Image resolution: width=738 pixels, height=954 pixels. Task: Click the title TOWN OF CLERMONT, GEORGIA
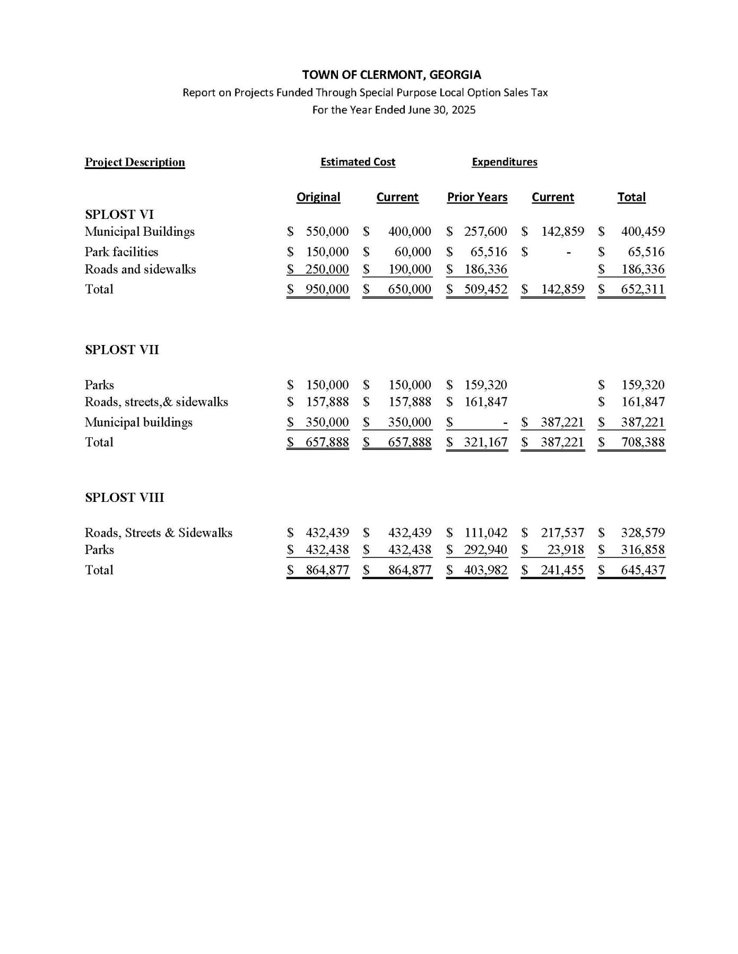coord(392,75)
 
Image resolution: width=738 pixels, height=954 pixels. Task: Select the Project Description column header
coord(135,162)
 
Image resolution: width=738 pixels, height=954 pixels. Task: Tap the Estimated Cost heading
coord(358,162)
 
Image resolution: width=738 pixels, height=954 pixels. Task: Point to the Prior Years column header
coord(477,197)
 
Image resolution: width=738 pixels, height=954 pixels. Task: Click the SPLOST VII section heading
coord(122,350)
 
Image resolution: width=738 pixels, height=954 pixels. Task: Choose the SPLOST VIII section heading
coord(125,498)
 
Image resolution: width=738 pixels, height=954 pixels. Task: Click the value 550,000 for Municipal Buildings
coord(327,232)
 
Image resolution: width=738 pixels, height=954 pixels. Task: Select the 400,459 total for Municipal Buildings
coord(643,232)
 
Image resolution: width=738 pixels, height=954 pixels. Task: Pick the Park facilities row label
coord(121,252)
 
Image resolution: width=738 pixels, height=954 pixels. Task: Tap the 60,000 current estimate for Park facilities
coord(413,252)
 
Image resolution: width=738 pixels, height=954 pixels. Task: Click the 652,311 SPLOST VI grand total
coord(643,289)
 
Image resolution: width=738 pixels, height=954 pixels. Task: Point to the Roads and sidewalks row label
coord(141,269)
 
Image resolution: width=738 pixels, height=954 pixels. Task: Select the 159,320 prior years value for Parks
coord(485,385)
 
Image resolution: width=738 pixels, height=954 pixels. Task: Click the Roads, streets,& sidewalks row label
coord(157,402)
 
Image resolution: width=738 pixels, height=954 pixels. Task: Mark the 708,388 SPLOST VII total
coord(643,442)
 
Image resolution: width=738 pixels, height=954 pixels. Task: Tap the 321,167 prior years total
coord(485,442)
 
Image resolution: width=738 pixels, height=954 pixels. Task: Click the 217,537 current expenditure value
coord(562,533)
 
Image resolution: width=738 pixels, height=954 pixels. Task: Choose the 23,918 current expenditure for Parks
coord(566,550)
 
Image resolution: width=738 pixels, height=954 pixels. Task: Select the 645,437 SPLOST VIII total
coord(643,570)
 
